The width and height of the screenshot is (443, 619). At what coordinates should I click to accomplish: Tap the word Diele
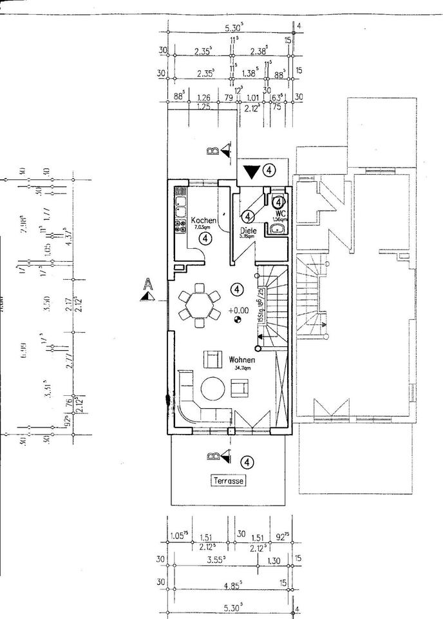coord(249,230)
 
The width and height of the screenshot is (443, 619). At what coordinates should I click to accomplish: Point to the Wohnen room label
coord(241,360)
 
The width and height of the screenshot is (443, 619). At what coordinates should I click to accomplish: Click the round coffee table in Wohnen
coord(213,389)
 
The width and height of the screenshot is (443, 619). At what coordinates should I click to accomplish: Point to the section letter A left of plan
coord(149,284)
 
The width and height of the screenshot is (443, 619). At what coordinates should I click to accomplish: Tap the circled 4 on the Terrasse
coord(247,462)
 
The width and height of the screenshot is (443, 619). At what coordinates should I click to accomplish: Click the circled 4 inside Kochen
coord(205,239)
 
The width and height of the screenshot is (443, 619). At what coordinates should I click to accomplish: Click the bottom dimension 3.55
coord(216,561)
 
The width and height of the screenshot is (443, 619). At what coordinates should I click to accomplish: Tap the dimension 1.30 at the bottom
coord(273,561)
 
